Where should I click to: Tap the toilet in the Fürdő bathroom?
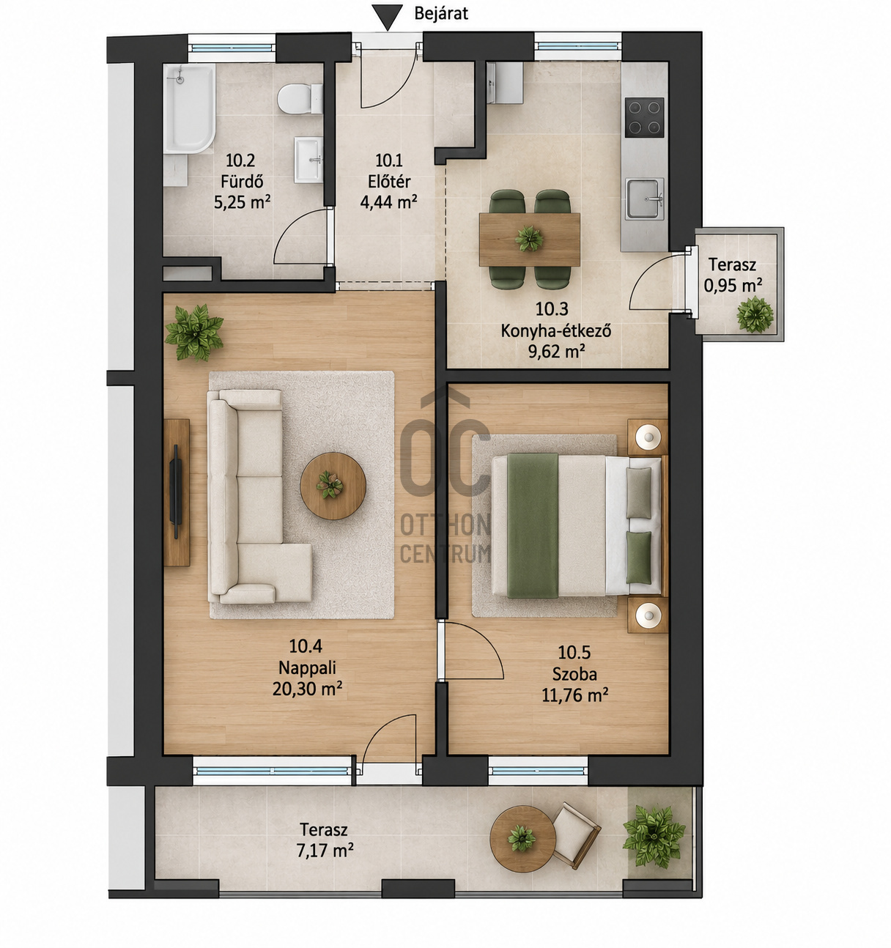300,98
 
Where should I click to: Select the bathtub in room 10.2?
190,109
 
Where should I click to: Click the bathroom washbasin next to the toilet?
308,160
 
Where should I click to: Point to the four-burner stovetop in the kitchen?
644,117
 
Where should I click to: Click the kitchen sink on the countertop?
645,199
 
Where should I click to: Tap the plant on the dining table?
529,238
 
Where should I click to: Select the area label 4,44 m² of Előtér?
388,202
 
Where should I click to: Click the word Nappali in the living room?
307,667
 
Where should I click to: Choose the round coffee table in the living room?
333,486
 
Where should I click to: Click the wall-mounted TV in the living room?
176,492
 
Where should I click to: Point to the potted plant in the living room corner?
194,332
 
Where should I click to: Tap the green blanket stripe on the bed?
533,525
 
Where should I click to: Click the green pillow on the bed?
639,558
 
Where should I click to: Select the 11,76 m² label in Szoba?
574,695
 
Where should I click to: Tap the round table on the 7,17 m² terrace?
523,839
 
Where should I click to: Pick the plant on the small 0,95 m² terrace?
755,314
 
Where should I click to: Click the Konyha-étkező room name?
556,331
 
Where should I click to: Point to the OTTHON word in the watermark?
445,525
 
